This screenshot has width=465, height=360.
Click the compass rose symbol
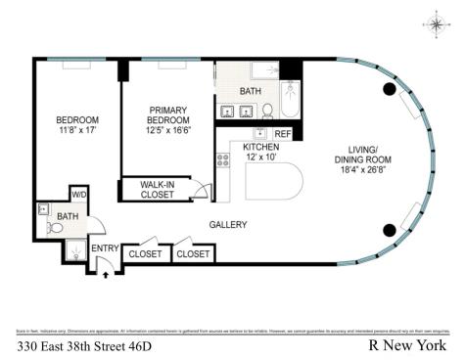[434, 24]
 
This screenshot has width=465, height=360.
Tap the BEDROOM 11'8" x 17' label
[76, 126]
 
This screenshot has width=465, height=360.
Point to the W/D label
[78, 195]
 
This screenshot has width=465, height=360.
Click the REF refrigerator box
[282, 133]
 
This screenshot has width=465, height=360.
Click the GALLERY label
[227, 225]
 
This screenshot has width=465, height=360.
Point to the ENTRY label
[105, 248]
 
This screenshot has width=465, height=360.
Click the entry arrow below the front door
[106, 274]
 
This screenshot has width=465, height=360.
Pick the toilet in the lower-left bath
[55, 228]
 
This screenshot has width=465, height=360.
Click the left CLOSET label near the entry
[145, 253]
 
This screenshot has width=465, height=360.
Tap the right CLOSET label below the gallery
[193, 253]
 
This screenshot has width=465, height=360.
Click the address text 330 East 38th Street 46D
[84, 345]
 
